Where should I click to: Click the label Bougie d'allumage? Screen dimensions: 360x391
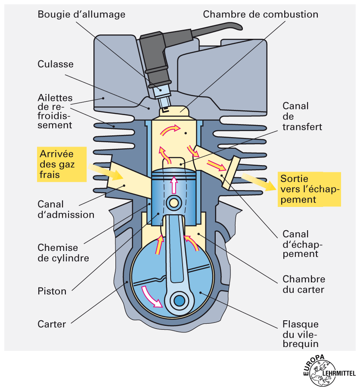81,15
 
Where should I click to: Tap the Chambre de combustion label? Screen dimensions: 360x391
261,14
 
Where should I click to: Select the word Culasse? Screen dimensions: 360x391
56,64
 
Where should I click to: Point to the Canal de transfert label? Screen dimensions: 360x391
302,116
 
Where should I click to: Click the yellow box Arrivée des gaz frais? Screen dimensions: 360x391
62,164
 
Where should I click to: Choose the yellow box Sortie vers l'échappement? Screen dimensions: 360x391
310,189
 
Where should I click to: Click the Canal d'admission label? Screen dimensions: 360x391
66,209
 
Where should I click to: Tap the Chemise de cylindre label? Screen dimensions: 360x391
63,253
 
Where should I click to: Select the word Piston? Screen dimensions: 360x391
52,291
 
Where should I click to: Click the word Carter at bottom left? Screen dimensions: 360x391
52,324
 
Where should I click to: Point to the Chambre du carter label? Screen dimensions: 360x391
304,284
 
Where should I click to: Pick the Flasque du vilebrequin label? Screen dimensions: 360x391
301,334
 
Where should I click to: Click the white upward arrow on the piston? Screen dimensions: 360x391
174,185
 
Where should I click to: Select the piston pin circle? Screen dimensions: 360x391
174,203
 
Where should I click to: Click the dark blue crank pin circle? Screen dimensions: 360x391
180,301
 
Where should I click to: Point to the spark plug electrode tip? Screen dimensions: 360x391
164,109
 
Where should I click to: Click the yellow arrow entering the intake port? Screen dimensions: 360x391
106,172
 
